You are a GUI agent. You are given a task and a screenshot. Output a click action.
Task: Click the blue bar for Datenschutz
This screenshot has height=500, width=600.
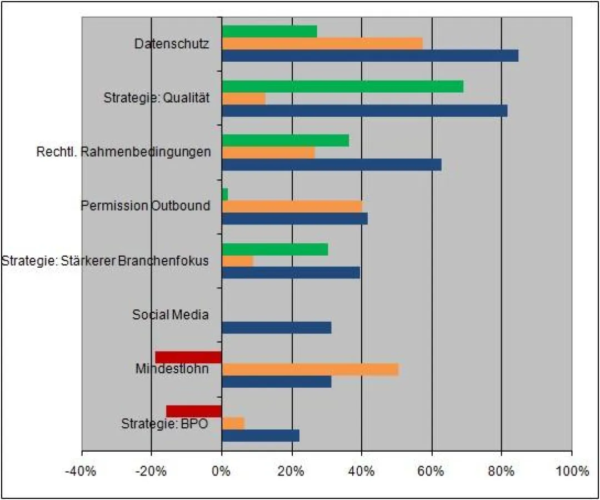[x=369, y=56]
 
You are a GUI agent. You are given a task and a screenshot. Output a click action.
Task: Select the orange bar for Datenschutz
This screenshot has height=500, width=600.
[x=322, y=43]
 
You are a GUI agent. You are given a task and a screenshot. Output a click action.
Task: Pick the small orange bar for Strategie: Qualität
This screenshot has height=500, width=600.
[x=243, y=98]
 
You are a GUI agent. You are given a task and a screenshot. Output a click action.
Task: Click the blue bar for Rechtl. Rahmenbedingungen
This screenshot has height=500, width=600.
[x=331, y=165]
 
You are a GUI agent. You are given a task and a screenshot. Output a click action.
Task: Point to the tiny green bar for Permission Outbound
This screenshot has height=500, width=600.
[x=225, y=194]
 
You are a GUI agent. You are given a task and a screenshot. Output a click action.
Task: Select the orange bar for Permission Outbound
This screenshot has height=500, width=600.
[x=292, y=206]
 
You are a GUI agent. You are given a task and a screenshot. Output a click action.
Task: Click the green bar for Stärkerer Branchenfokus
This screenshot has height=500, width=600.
[x=274, y=249]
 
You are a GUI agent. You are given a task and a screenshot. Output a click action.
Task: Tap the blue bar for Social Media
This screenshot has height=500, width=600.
[x=276, y=328]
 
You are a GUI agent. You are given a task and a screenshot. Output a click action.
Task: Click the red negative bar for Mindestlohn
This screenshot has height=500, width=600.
[x=188, y=357]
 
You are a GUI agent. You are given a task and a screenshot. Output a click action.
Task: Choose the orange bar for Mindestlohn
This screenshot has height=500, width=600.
[x=310, y=369]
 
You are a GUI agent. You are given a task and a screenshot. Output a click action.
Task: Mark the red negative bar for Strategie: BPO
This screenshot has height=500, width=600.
[x=194, y=411]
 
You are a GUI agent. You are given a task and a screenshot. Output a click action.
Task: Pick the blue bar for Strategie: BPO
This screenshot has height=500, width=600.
[x=260, y=436]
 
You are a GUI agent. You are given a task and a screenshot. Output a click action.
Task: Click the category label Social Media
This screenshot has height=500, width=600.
[x=171, y=315]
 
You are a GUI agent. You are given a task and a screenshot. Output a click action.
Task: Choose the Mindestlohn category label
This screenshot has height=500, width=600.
[x=172, y=369]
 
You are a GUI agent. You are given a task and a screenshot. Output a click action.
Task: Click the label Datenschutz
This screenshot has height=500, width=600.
[x=172, y=43]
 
